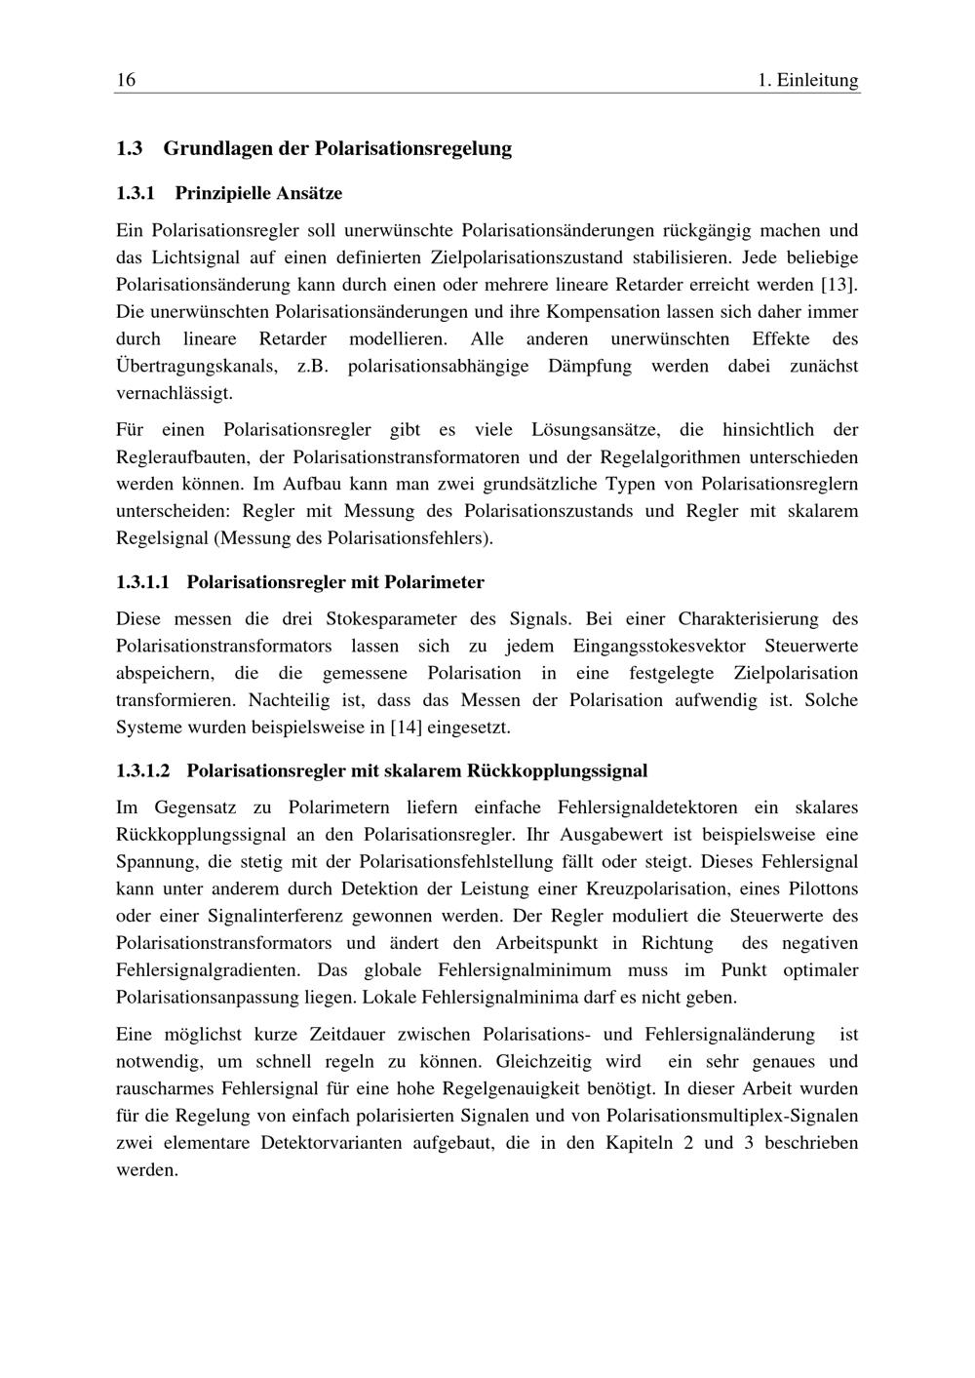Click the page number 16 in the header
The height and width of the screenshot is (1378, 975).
pos(126,80)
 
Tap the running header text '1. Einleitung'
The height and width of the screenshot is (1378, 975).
pos(808,80)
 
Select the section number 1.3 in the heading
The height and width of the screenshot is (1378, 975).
pos(130,148)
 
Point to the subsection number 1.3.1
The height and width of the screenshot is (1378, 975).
pos(136,193)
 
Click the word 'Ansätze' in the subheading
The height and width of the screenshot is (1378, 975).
pos(309,193)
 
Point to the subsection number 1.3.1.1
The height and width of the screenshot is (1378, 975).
pos(142,582)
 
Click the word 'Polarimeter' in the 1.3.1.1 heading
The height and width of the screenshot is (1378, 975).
pos(434,582)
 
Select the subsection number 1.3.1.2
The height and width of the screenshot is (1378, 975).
pos(142,770)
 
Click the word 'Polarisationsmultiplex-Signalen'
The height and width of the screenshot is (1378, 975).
pos(732,1116)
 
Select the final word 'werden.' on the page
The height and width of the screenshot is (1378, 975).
pos(147,1170)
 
